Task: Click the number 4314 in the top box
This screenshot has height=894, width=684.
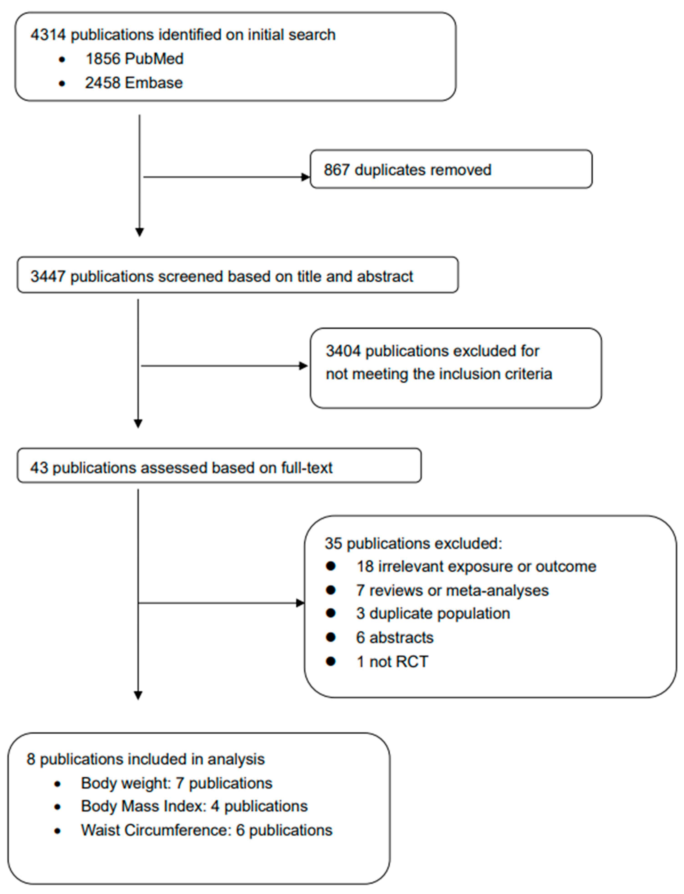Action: click(48, 35)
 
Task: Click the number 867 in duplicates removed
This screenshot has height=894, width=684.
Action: click(336, 170)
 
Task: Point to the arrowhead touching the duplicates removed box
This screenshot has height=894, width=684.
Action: click(305, 177)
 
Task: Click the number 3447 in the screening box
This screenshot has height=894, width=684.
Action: click(48, 277)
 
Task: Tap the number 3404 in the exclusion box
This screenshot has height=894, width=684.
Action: click(343, 351)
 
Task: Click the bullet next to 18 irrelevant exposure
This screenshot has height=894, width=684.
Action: click(331, 566)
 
